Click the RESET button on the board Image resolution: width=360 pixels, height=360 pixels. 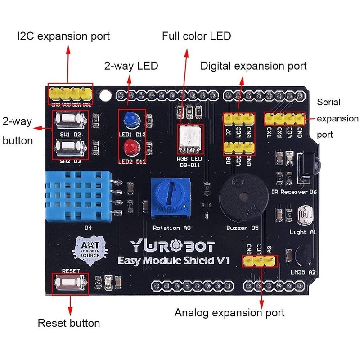click(x=70, y=283)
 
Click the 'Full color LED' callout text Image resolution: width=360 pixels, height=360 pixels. click(x=197, y=36)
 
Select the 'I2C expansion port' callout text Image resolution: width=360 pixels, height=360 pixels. click(x=63, y=36)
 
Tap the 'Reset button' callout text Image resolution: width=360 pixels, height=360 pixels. click(x=69, y=323)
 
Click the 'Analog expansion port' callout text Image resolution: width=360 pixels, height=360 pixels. click(x=229, y=312)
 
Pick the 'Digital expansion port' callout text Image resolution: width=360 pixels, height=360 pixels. click(x=253, y=66)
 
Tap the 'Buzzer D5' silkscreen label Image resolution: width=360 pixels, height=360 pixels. click(x=243, y=229)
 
